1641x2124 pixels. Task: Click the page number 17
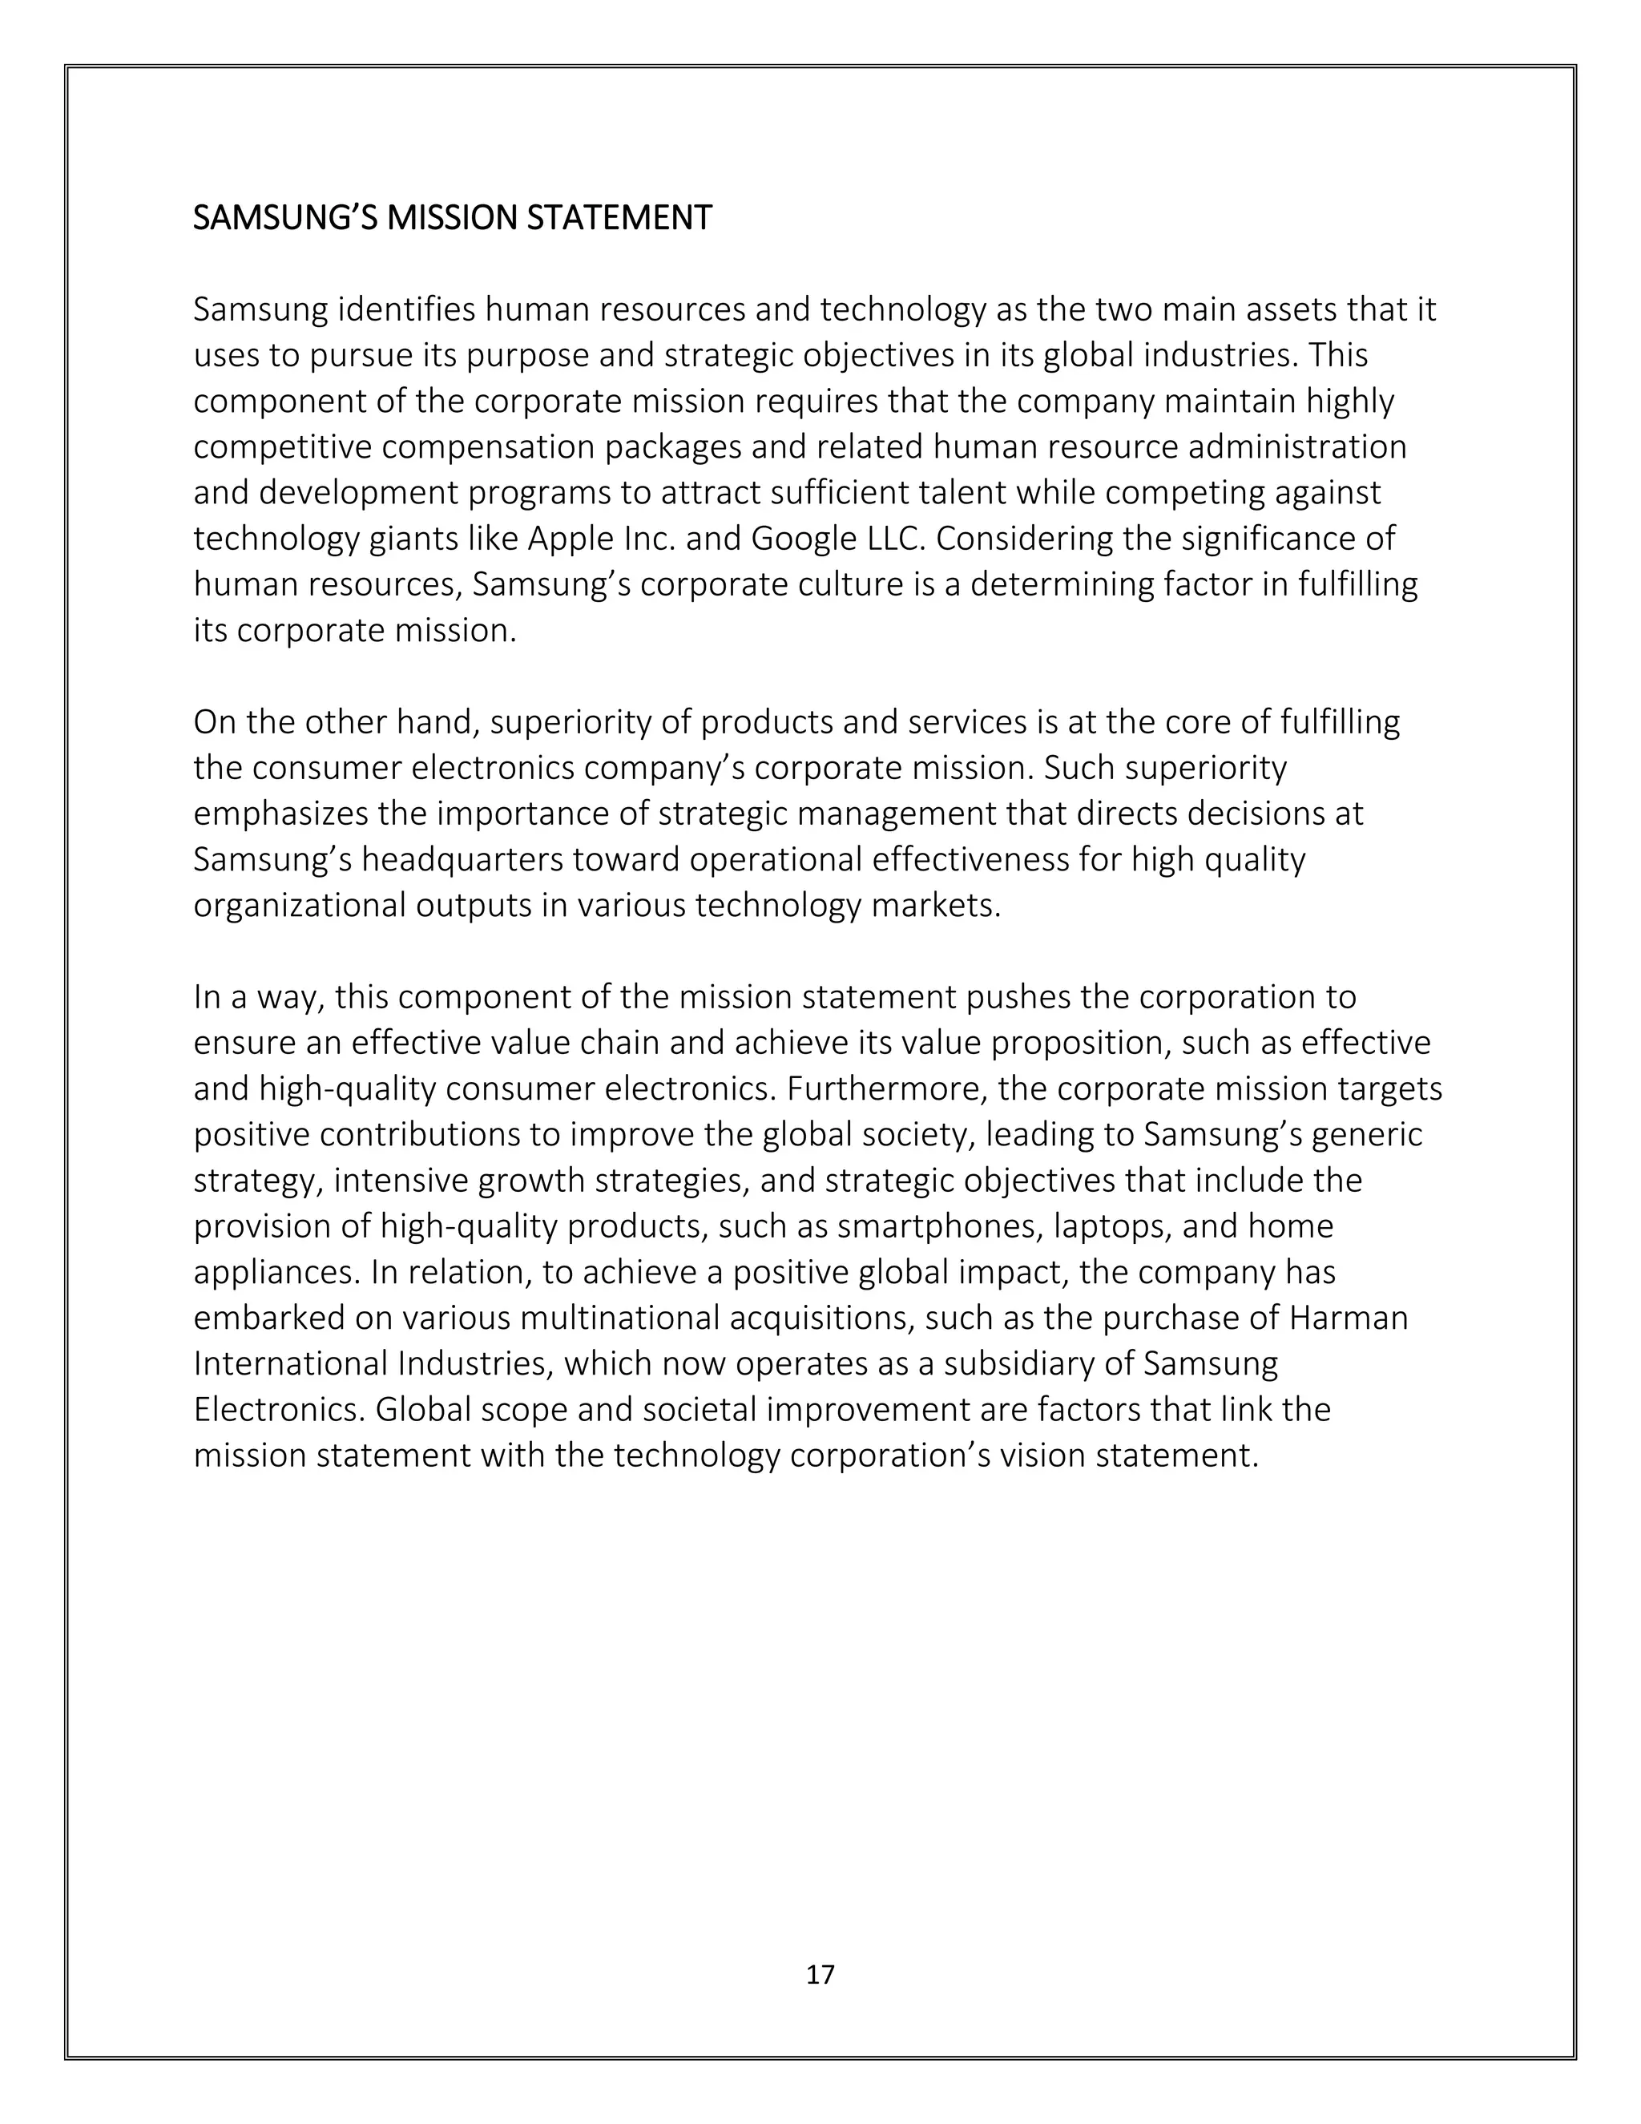(820, 1973)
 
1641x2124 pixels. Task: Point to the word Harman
(1349, 1318)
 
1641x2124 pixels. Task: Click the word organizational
(300, 906)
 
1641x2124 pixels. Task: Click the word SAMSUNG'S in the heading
(284, 218)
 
